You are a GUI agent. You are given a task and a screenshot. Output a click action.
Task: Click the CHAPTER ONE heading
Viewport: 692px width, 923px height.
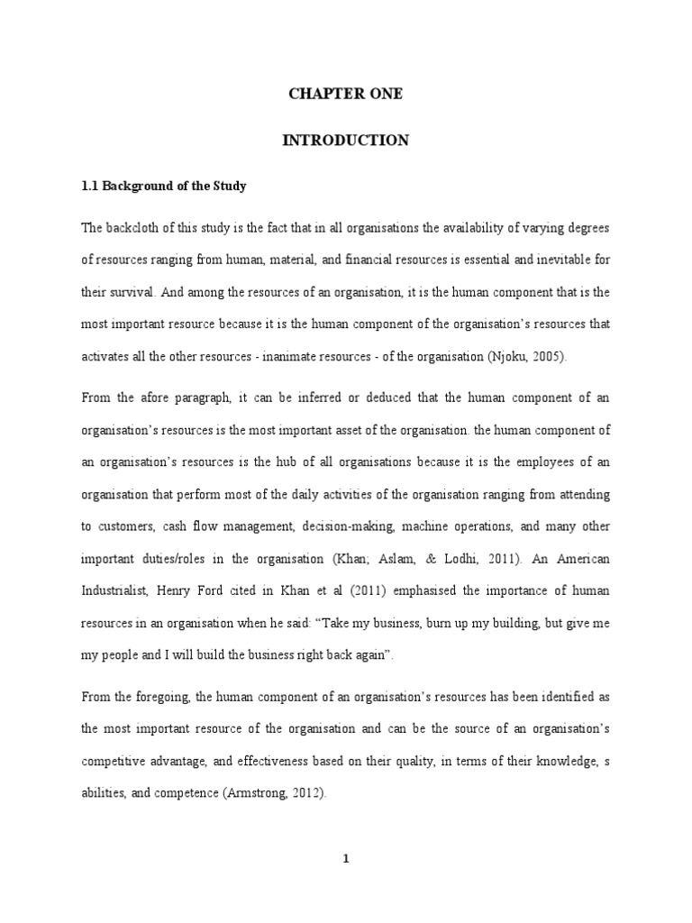[346, 94]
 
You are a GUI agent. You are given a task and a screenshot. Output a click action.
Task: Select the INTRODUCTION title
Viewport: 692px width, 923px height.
[346, 140]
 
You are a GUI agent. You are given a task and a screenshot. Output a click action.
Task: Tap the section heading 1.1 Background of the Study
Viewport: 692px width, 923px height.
[163, 187]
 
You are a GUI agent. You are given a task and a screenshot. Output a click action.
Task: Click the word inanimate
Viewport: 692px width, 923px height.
[309, 356]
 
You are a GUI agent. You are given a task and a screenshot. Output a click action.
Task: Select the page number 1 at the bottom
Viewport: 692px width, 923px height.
[346, 859]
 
